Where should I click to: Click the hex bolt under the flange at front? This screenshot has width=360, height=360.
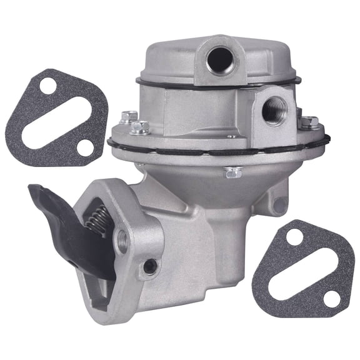(x=233, y=172)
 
